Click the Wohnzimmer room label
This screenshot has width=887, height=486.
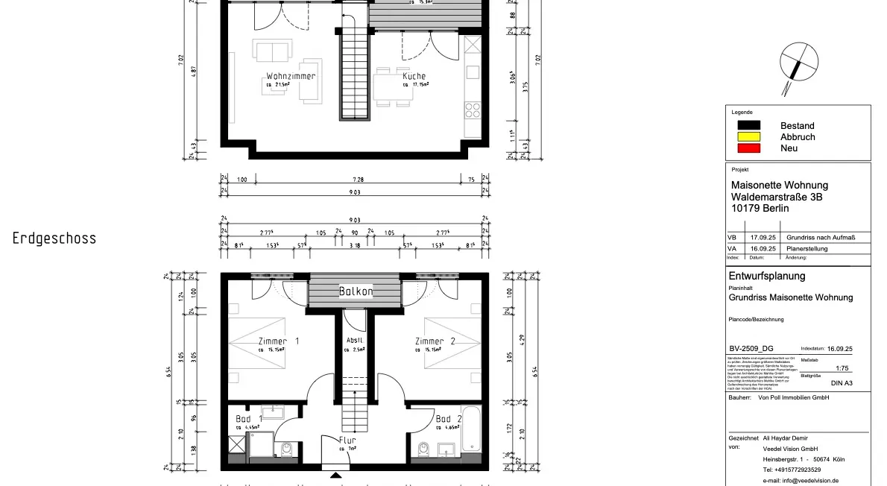(291, 76)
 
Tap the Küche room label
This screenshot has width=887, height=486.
(414, 76)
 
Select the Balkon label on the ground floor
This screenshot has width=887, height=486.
(356, 291)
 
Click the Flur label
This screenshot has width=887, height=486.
(347, 441)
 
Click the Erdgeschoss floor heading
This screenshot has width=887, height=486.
(54, 239)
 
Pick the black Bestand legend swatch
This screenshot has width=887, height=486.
(748, 125)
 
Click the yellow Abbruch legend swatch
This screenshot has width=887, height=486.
(748, 136)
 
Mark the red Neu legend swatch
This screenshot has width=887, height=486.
(748, 148)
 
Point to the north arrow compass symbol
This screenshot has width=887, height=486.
(799, 65)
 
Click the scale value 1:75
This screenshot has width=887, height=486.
(842, 368)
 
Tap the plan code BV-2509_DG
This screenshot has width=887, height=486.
(754, 348)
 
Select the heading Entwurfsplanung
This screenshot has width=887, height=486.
(766, 276)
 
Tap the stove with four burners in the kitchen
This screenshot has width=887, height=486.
(473, 110)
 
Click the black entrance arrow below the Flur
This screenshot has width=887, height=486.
(335, 475)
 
